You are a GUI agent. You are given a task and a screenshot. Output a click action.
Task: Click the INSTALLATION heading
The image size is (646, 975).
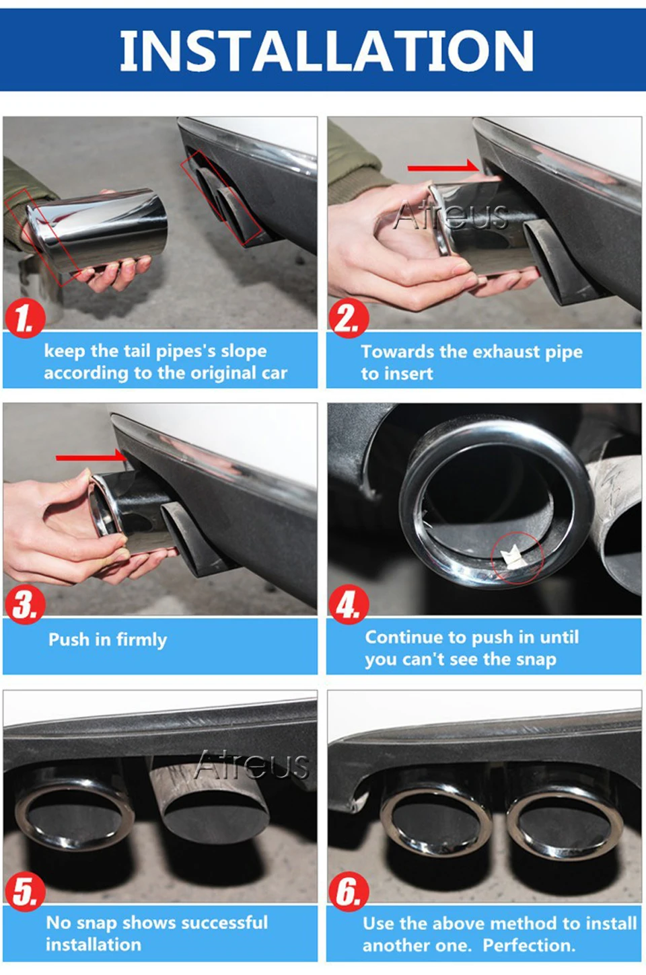click(326, 50)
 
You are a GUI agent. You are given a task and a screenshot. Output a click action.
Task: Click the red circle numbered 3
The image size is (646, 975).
click(25, 604)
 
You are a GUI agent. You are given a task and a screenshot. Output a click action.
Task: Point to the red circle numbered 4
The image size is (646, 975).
click(349, 604)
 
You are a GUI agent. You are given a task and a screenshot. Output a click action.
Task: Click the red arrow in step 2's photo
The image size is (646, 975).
click(443, 167)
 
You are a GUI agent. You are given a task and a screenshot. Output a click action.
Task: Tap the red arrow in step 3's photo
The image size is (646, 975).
click(91, 457)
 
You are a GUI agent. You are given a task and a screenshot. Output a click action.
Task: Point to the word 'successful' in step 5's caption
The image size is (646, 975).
click(225, 923)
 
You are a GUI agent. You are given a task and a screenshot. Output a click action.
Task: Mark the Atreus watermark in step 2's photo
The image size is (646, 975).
click(450, 215)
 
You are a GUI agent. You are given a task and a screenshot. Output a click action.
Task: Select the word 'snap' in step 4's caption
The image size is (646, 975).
click(536, 660)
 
